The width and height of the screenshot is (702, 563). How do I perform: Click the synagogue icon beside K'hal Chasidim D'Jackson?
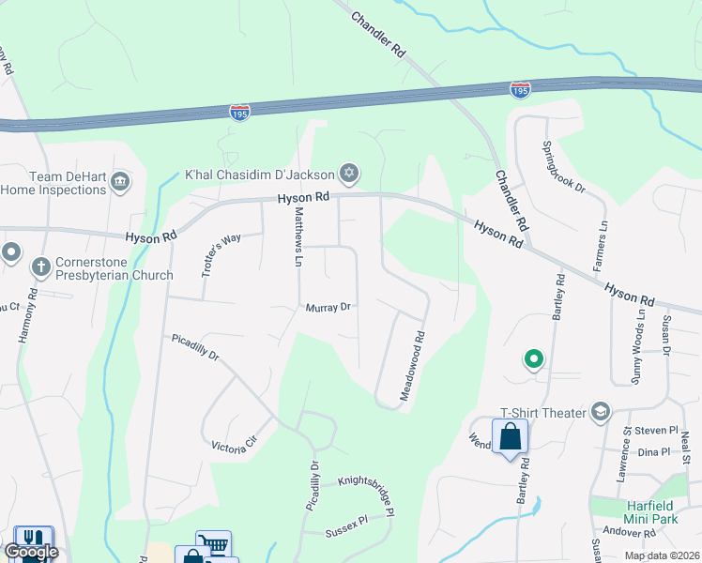point(349,173)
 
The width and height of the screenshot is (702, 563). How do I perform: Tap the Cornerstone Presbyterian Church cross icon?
point(40,266)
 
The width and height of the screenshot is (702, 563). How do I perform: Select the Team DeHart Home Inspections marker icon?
point(120,181)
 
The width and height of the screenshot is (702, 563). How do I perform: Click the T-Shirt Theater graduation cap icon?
point(601,413)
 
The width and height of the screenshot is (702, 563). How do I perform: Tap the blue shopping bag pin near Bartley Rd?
point(510,437)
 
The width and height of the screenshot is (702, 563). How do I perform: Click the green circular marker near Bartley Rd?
point(533,358)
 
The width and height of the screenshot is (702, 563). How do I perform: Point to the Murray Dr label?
point(328,307)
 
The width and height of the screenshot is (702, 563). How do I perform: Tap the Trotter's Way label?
point(221,253)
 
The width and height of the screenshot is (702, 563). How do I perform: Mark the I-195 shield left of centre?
point(239,112)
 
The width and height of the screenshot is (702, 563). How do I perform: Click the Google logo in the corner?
point(31,552)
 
